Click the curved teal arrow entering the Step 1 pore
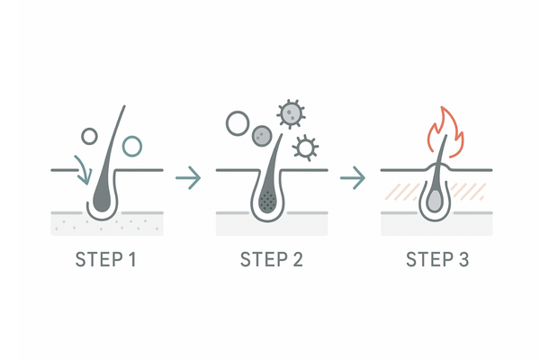point(83,169)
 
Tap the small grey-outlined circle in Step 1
point(88,136)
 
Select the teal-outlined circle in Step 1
point(132,144)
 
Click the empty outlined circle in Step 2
point(237,122)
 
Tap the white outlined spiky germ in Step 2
point(307,145)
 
